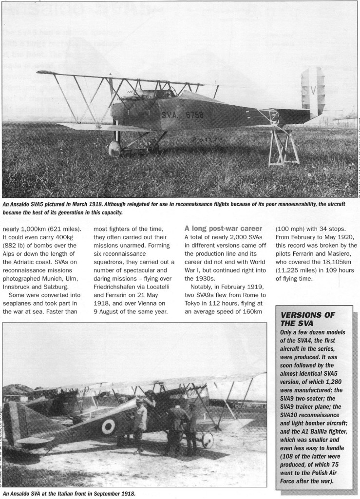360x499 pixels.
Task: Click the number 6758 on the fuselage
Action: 193,115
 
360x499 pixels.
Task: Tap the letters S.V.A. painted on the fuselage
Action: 171,115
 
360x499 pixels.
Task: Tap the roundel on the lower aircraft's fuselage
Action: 108,427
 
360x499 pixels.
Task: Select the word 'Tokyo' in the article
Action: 194,304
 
